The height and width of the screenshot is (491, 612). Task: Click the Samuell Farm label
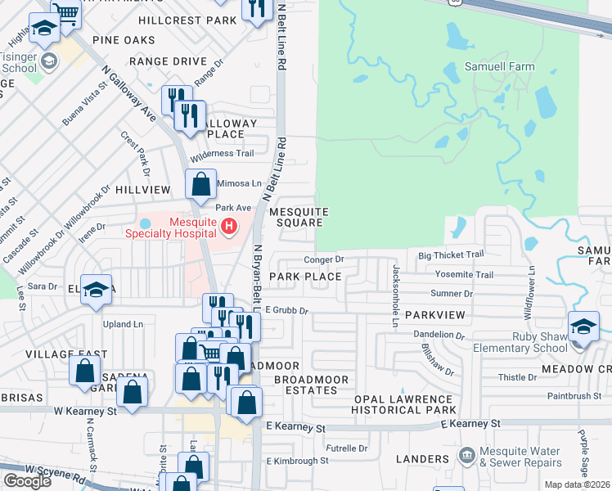(x=499, y=66)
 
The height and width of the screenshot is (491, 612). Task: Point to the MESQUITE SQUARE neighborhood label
(x=299, y=217)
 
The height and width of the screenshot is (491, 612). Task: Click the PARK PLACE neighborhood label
(x=305, y=277)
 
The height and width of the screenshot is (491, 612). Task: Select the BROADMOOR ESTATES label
(x=311, y=385)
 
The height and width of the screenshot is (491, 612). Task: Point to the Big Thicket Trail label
(x=451, y=255)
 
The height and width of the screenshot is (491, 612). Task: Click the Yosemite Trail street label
(x=466, y=275)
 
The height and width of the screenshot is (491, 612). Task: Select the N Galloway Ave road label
(x=129, y=98)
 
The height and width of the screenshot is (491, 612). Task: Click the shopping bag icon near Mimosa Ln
(x=200, y=185)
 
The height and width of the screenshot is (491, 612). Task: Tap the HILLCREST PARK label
(x=187, y=20)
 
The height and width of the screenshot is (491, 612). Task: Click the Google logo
(x=28, y=481)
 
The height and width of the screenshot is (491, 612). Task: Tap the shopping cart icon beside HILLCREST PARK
(x=65, y=14)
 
